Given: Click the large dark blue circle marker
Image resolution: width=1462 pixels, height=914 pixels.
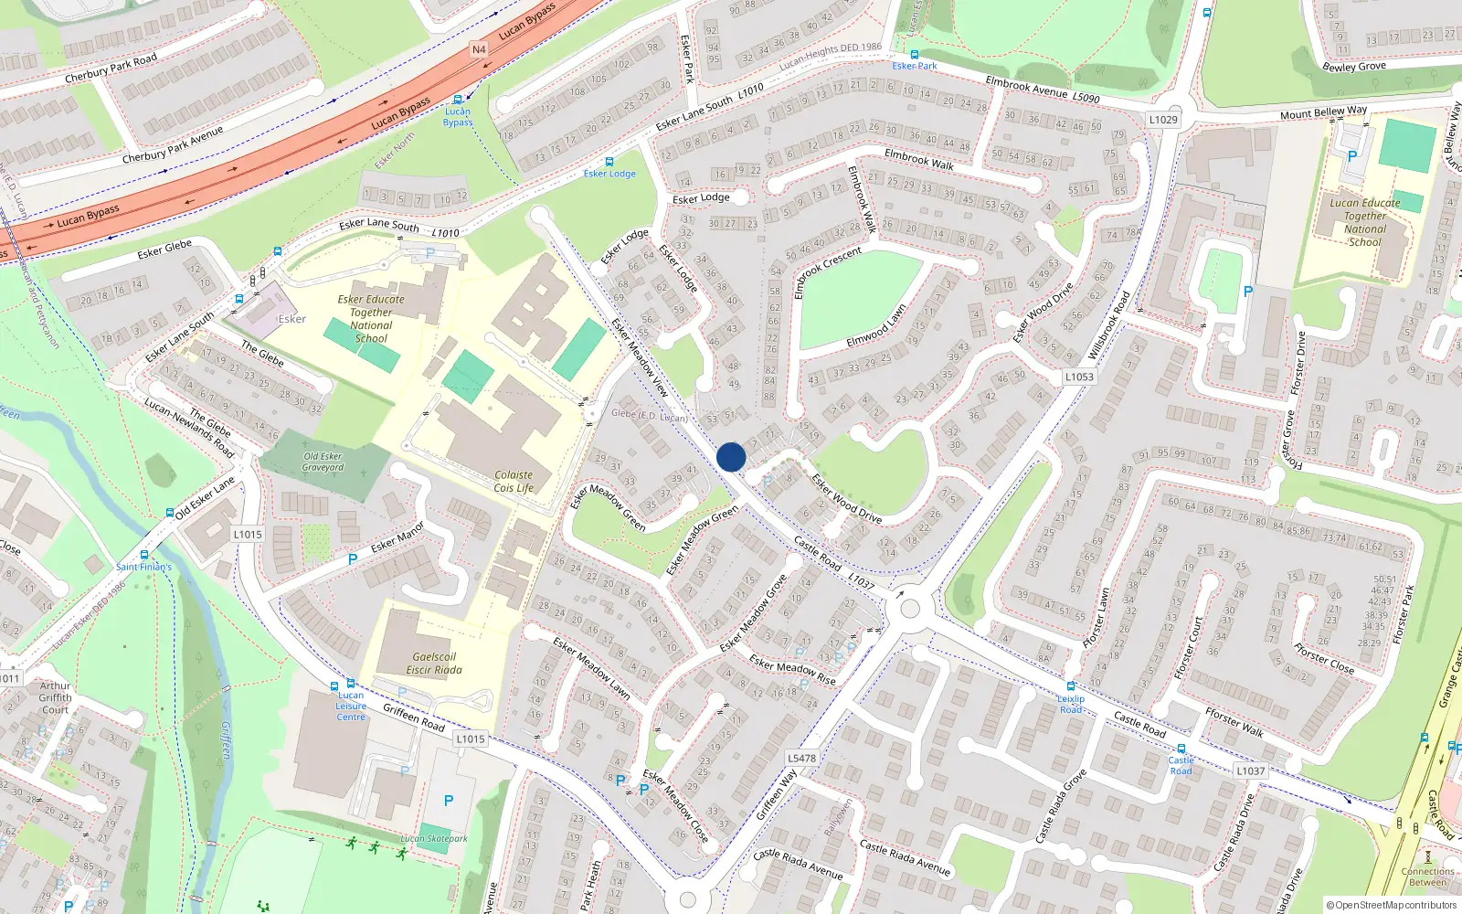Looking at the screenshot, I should (x=731, y=457).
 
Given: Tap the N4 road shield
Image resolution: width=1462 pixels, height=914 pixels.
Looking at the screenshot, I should (x=479, y=49).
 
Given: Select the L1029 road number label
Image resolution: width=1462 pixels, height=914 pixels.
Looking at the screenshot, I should (x=1163, y=120).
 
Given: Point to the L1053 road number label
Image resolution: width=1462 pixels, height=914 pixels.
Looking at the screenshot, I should (x=1079, y=377).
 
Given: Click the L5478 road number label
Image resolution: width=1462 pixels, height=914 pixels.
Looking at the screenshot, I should (x=801, y=758).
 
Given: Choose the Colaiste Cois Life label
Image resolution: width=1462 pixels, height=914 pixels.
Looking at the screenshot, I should (x=514, y=482).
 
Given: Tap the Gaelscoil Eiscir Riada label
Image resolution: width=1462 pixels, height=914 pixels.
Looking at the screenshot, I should (x=434, y=664).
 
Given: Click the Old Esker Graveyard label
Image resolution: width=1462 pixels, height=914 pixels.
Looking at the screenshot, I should (x=323, y=462).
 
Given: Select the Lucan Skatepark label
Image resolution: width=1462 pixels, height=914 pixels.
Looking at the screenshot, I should (x=434, y=838).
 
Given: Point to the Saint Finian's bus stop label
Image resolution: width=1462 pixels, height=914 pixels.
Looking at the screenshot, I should (x=143, y=567).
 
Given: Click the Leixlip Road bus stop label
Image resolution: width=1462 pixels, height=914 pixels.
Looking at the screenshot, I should (x=1071, y=704).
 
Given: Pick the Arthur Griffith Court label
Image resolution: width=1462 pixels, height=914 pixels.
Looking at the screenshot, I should (x=55, y=697).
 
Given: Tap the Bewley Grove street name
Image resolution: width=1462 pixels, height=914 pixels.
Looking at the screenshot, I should (x=1354, y=67).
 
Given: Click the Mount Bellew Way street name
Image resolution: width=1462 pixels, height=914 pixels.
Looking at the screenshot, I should (x=1323, y=112).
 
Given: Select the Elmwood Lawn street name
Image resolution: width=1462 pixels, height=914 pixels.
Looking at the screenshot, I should (x=875, y=326).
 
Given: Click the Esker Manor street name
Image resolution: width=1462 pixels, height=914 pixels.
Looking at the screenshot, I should (x=397, y=537).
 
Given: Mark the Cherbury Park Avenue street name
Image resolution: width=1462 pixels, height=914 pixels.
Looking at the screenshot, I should (x=173, y=145).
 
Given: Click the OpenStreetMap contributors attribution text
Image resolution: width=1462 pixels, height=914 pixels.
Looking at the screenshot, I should (x=1392, y=905).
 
